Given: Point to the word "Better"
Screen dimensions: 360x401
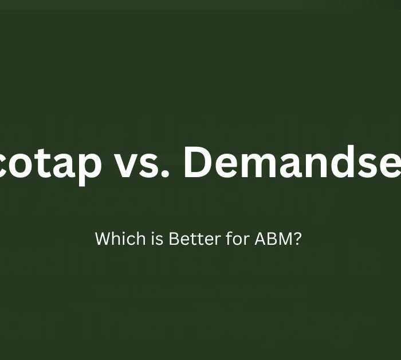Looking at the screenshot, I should pyautogui.click(x=187, y=238).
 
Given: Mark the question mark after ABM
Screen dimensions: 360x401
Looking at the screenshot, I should pyautogui.click(x=297, y=238).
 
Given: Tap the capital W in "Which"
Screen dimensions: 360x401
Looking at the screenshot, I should pyautogui.click(x=102, y=238).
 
